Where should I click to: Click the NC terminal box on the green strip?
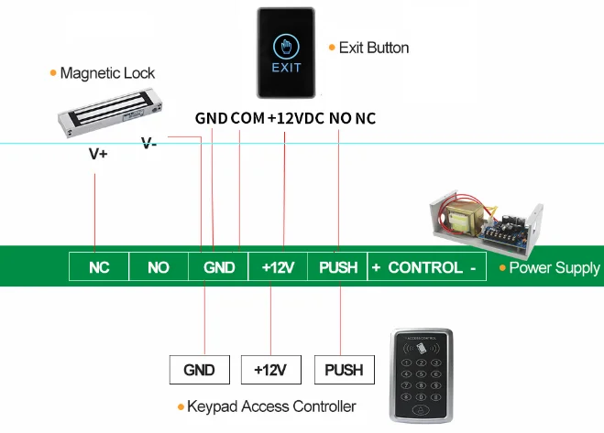(x=99, y=267)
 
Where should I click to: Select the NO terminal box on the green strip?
(x=159, y=267)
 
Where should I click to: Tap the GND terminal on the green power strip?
(x=219, y=267)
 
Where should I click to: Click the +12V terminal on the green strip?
(x=278, y=267)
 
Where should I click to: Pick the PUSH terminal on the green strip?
(x=337, y=267)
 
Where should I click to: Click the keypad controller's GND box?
(x=199, y=370)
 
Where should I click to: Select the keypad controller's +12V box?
(x=270, y=370)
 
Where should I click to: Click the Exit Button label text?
(x=373, y=48)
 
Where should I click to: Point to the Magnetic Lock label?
(x=107, y=73)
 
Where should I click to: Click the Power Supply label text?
(x=554, y=268)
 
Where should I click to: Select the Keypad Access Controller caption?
(x=270, y=406)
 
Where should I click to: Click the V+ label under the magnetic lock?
(x=98, y=154)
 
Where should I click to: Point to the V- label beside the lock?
(x=148, y=143)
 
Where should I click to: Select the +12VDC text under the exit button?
(x=295, y=119)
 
